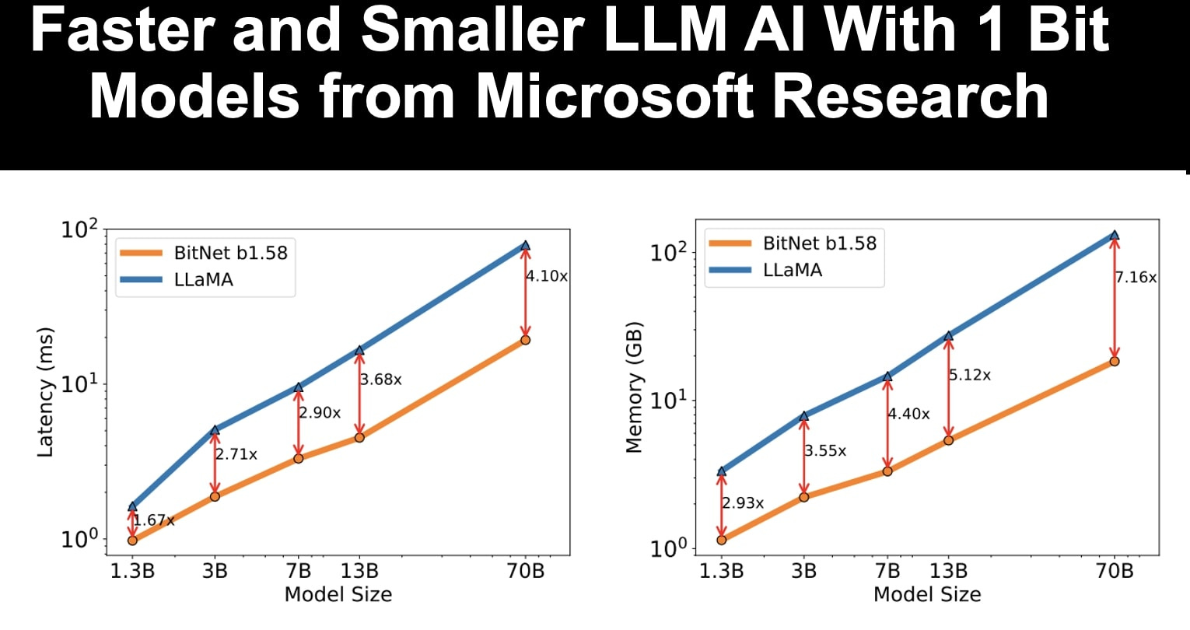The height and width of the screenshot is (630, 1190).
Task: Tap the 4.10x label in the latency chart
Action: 547,276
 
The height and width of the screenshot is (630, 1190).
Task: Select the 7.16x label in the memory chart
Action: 1136,277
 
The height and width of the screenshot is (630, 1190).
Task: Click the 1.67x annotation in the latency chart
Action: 153,520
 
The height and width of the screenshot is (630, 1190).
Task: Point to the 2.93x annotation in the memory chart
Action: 743,503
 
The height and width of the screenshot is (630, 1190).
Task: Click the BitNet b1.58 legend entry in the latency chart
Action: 230,252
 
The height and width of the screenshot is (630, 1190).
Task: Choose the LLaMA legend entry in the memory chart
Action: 793,270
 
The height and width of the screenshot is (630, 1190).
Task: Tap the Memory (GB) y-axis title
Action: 635,387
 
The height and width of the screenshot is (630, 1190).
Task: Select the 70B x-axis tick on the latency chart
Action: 525,572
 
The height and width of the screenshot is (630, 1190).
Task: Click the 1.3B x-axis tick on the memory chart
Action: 721,572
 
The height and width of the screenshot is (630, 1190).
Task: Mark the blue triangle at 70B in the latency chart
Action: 525,245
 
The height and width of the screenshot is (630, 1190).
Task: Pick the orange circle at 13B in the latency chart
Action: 359,437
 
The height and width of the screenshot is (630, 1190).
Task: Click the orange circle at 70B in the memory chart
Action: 1115,361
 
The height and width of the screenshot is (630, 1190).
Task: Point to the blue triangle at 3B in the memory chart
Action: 803,416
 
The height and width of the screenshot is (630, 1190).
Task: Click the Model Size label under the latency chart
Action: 338,595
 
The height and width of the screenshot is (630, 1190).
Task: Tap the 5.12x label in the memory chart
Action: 970,375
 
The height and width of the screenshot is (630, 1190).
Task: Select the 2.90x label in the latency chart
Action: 320,413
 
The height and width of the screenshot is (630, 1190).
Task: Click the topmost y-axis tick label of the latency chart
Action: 80,230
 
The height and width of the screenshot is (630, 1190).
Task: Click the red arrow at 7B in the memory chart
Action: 887,424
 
